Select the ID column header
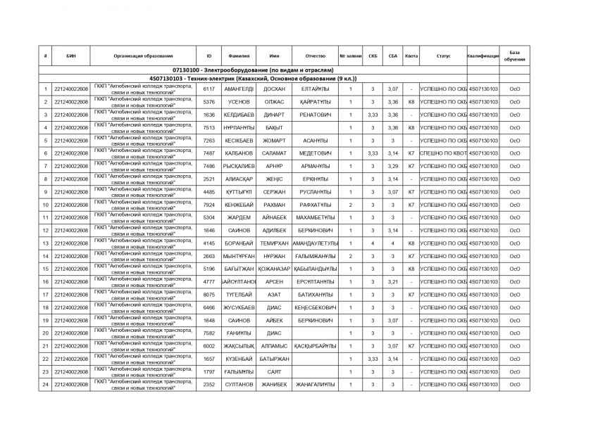tap(208, 56)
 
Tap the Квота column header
tap(411, 56)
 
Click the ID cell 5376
tap(208, 102)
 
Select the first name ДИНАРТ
tap(273, 115)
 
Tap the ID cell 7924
tap(208, 205)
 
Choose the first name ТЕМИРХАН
tap(273, 243)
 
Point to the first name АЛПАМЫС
tap(273, 346)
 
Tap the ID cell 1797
tap(208, 371)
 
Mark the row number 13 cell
tap(45, 243)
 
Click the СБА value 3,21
tap(392, 282)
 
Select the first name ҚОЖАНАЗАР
tap(273, 269)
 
